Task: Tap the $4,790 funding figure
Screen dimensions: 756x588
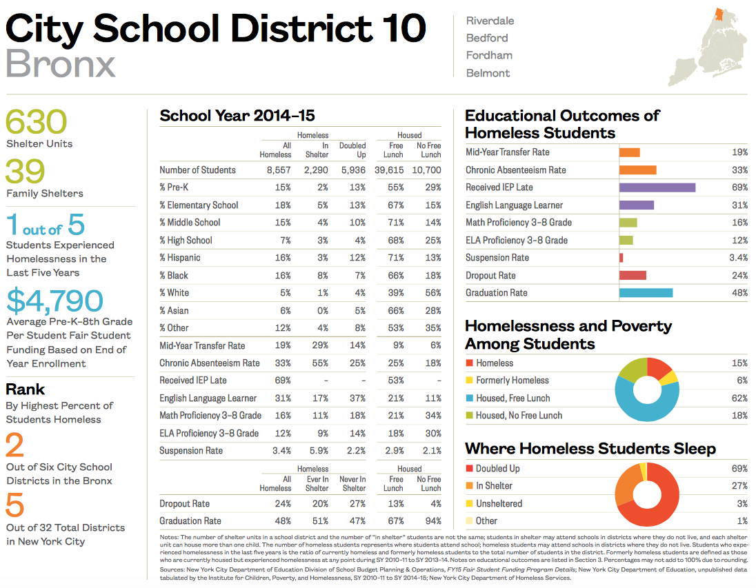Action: [x=55, y=301]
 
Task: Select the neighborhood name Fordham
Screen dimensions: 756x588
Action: [x=489, y=55]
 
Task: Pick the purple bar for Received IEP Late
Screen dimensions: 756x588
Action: [x=657, y=187]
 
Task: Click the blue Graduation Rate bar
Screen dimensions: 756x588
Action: [x=646, y=293]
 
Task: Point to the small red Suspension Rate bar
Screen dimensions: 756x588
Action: [x=621, y=258]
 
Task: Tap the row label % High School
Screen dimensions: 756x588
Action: [x=186, y=241]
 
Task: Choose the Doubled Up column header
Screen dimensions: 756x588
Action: [x=352, y=150]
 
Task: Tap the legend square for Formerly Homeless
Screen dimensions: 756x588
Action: [x=469, y=381]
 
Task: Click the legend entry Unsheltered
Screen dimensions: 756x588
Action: [x=499, y=504]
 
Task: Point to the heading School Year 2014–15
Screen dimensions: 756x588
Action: [x=237, y=116]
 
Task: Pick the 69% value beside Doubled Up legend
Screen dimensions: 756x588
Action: [x=739, y=469]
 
